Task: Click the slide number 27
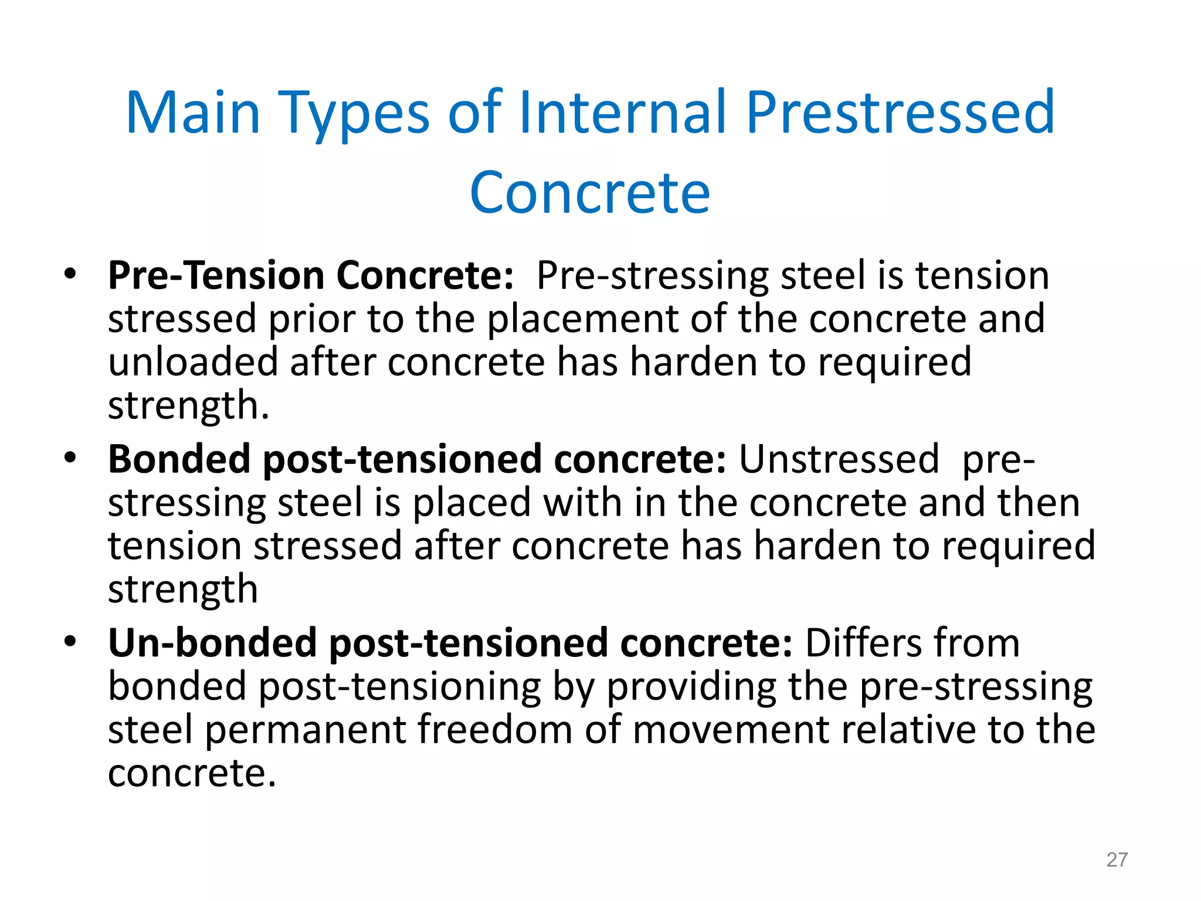[1117, 859]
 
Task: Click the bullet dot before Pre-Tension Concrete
[70, 274]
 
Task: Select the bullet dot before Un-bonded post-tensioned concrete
[70, 641]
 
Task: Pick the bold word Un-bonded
[212, 642]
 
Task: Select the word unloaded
[192, 362]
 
